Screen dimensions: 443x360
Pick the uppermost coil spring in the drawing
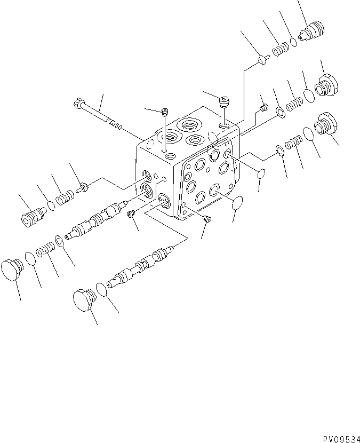280,51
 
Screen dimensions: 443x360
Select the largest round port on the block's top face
189,126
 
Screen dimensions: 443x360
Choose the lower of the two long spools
141,266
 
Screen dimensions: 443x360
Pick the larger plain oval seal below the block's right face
236,203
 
